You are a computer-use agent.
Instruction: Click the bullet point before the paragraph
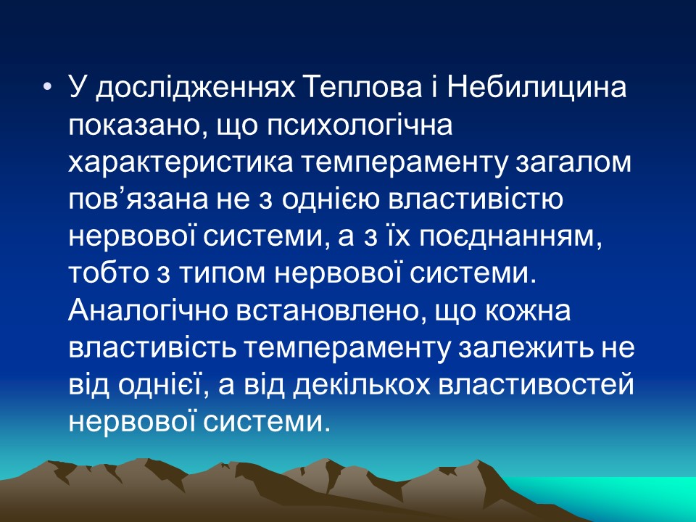[x=48, y=88]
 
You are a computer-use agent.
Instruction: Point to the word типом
[x=197, y=277]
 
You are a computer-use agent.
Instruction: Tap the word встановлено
[x=323, y=313]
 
